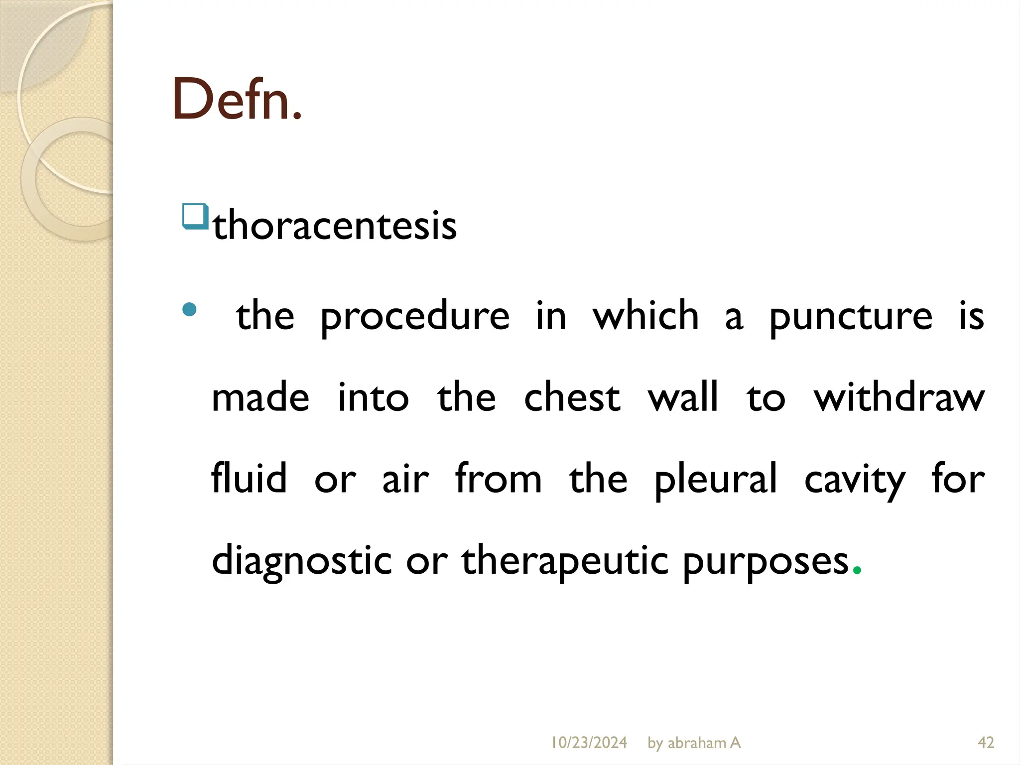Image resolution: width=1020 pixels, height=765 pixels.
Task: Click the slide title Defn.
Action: click(237, 100)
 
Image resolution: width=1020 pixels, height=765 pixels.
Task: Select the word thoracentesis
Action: click(335, 226)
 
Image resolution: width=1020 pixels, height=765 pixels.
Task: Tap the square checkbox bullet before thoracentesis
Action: click(195, 216)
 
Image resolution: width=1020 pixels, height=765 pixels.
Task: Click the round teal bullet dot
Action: click(189, 310)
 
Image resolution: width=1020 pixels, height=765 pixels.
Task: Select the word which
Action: click(646, 315)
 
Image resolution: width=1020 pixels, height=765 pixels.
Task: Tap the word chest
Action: click(572, 397)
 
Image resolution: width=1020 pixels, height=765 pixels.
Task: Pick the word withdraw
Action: click(899, 397)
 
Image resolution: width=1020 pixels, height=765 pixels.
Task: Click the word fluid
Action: click(249, 478)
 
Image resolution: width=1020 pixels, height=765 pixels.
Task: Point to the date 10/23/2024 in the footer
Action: click(589, 743)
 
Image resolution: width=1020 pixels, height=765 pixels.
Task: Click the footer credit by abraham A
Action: click(694, 743)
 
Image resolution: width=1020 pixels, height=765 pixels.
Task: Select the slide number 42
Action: click(986, 743)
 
